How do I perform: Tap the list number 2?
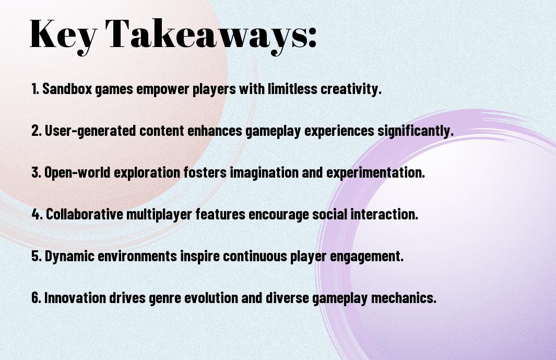36,131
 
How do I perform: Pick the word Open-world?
77,172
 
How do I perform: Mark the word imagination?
264,173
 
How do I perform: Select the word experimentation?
375,173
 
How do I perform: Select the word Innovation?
75,297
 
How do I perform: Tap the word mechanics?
404,297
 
